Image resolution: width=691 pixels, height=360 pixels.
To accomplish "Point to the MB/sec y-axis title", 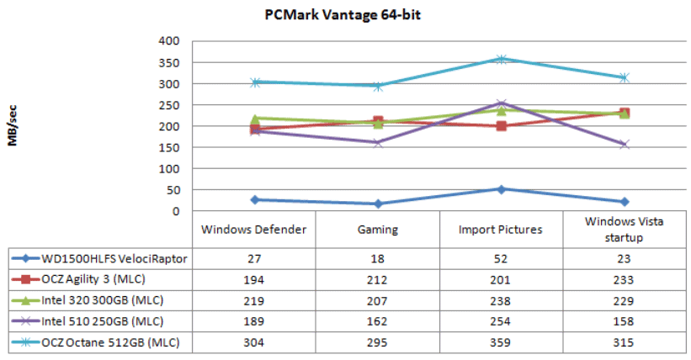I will [x=14, y=126].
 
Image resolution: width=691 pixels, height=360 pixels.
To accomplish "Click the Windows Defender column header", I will [x=254, y=229].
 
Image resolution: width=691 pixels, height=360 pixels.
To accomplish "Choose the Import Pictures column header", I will [x=501, y=229].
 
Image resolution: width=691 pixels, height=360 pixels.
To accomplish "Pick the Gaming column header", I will [x=378, y=229].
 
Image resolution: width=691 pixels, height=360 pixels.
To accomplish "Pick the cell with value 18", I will [x=378, y=259].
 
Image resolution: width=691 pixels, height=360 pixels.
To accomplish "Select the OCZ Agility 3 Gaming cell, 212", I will [x=378, y=280].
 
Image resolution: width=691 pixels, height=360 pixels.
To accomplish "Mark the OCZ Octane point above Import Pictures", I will [x=501, y=59].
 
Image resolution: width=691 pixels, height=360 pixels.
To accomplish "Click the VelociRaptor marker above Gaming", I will [x=378, y=204].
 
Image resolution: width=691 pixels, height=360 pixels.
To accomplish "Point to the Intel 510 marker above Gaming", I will [x=378, y=142].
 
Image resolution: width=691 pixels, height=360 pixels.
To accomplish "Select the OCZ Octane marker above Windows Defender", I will [x=254, y=82].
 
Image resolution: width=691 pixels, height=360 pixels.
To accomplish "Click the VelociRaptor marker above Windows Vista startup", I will [x=624, y=202].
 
